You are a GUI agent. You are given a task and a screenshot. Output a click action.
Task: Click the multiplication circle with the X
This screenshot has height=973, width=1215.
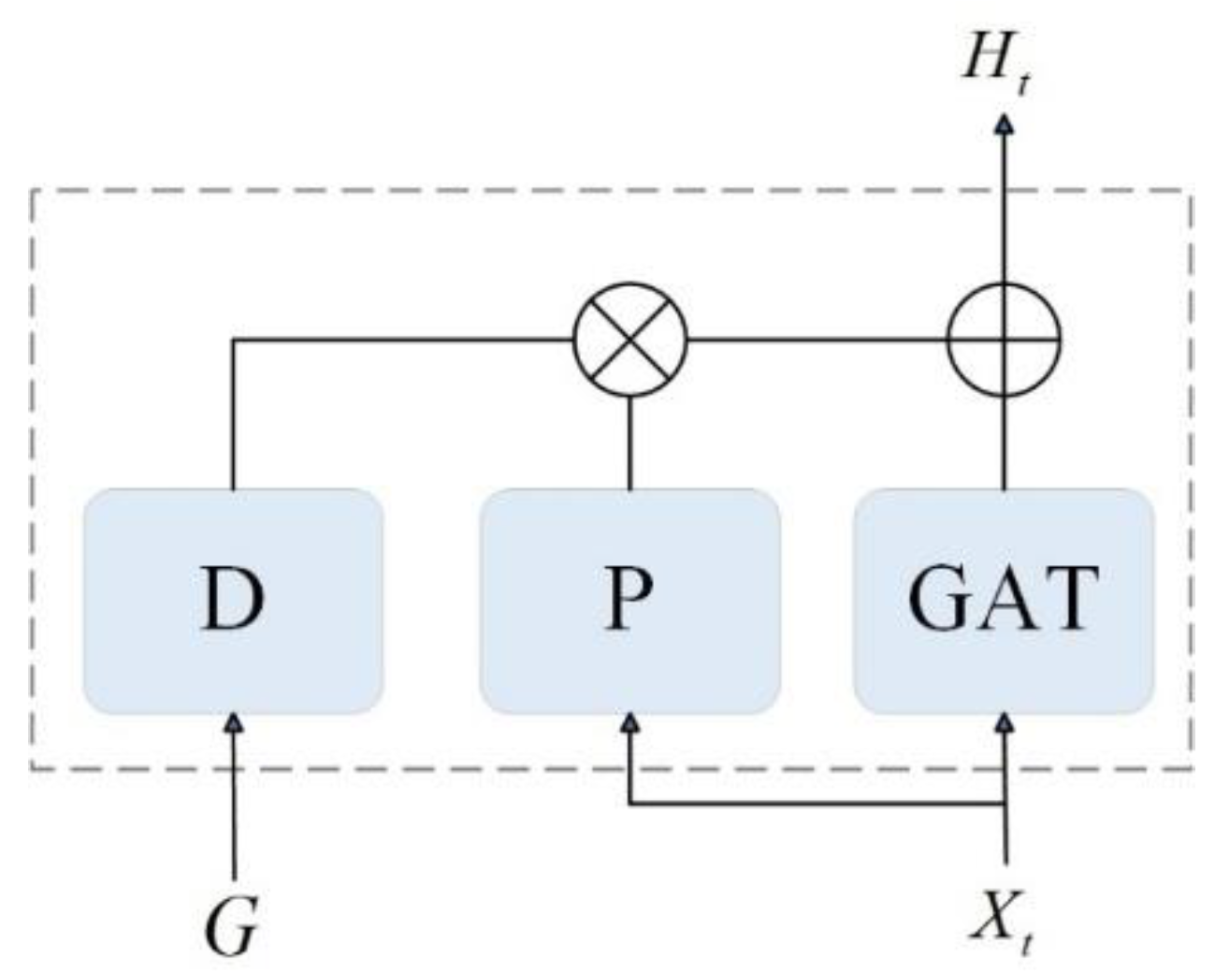[629, 340]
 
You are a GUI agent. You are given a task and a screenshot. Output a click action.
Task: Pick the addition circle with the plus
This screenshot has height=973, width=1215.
[1004, 340]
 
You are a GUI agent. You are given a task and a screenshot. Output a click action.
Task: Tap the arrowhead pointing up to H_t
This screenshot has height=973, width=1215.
[1004, 123]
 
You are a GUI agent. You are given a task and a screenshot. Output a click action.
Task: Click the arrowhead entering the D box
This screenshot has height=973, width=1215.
[234, 722]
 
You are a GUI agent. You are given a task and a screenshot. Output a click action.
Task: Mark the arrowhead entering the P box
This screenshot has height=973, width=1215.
[629, 723]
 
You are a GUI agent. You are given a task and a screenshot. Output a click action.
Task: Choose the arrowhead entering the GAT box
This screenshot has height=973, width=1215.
[1005, 723]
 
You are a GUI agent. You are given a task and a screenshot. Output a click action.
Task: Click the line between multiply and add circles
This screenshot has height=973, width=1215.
[814, 340]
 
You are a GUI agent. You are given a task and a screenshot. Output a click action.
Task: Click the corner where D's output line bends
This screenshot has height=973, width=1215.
[234, 341]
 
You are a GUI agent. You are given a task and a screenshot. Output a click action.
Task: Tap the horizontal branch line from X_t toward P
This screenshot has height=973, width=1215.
[814, 803]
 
